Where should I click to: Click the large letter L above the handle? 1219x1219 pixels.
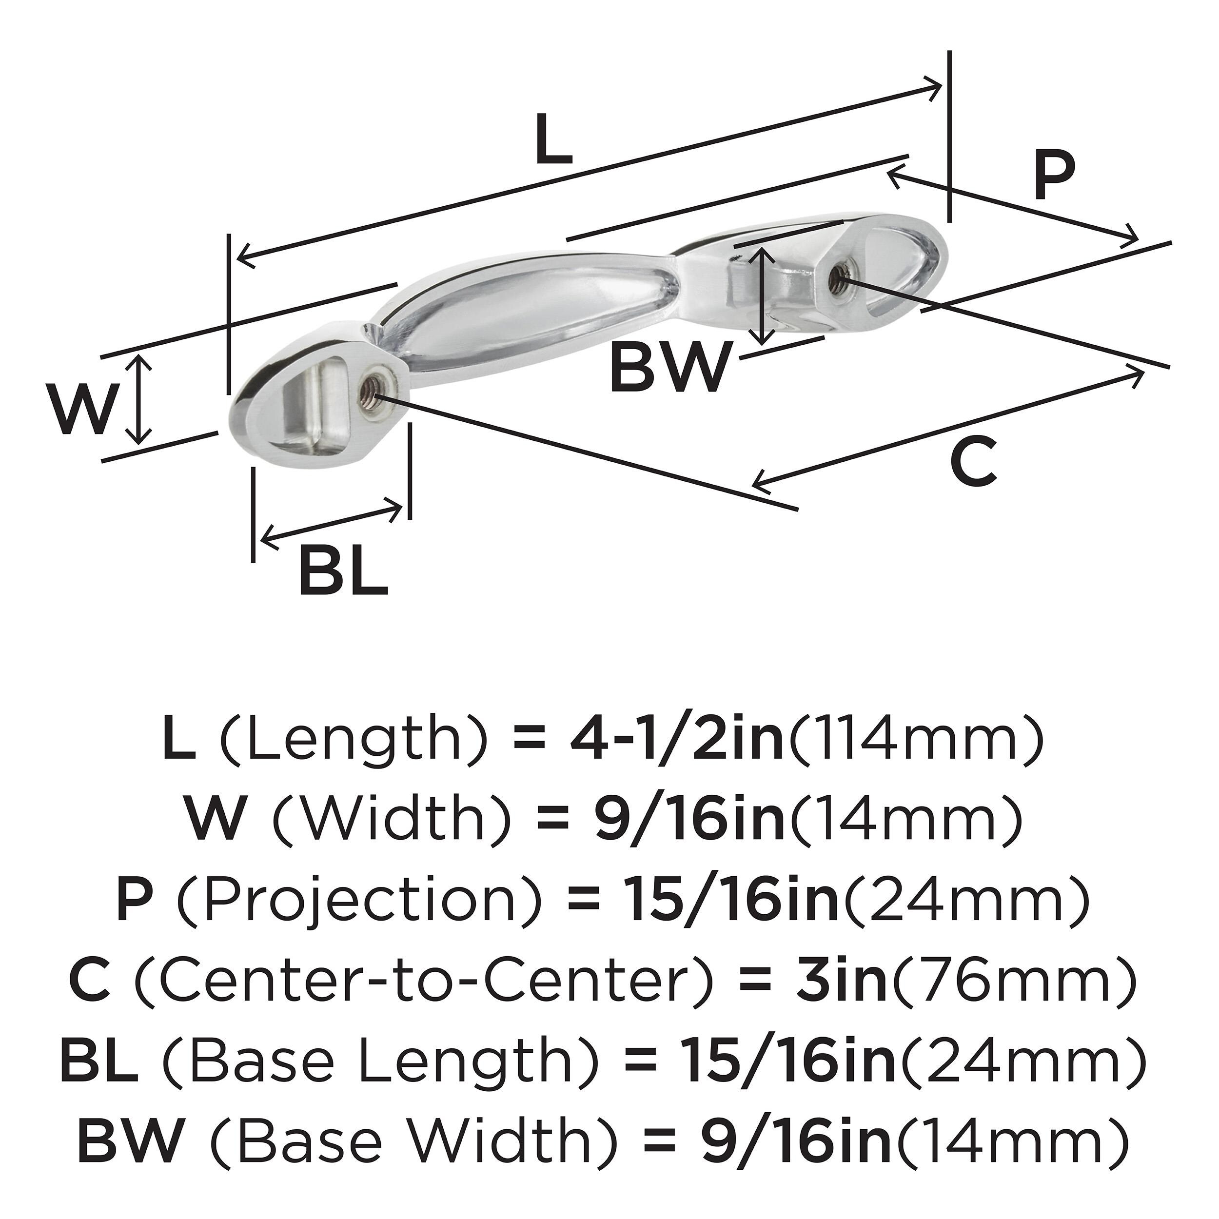(553, 139)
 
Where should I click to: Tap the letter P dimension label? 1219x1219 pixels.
(1054, 177)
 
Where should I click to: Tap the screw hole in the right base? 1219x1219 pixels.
(839, 275)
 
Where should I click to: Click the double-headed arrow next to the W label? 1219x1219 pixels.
(139, 399)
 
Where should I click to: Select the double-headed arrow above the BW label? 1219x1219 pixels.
(764, 295)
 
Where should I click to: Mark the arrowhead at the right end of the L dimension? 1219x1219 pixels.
(936, 87)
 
